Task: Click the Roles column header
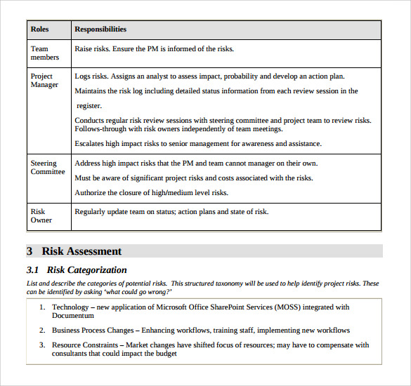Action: [x=39, y=29]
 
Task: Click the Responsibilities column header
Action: [x=100, y=29]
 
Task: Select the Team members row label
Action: [x=44, y=53]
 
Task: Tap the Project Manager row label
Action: [x=44, y=81]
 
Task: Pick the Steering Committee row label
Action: [x=47, y=168]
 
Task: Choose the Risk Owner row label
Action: [x=41, y=215]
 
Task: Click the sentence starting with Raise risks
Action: [x=154, y=49]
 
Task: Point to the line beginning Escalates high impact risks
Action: [x=197, y=144]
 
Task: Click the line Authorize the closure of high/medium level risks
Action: [x=161, y=193]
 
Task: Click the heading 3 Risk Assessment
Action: [x=74, y=251]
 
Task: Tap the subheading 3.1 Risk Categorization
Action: [x=77, y=270]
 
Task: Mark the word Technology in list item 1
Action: [x=70, y=307]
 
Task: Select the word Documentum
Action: [x=73, y=316]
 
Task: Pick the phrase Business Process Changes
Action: [x=95, y=331]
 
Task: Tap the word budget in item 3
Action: [x=167, y=354]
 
